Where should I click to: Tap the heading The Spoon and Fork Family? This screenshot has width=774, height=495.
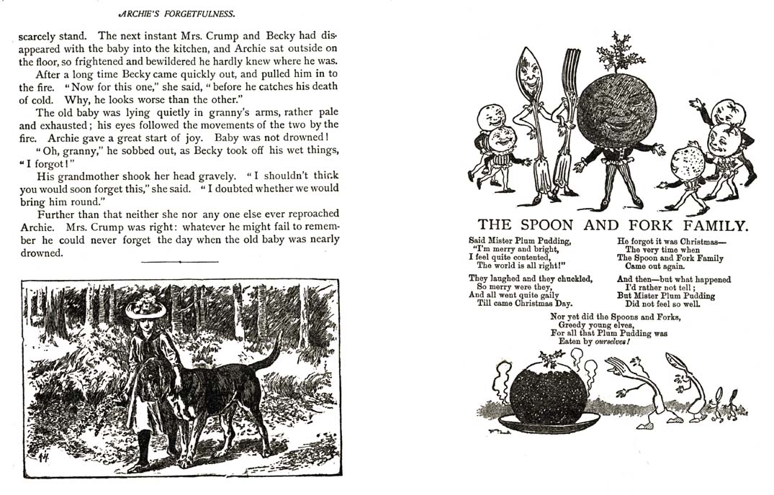pyautogui.click(x=613, y=224)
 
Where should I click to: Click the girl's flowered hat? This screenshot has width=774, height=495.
pyautogui.click(x=145, y=306)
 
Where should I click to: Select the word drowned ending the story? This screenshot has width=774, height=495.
pyautogui.click(x=42, y=253)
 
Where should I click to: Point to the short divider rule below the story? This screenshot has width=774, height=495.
pyautogui.click(x=179, y=262)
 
